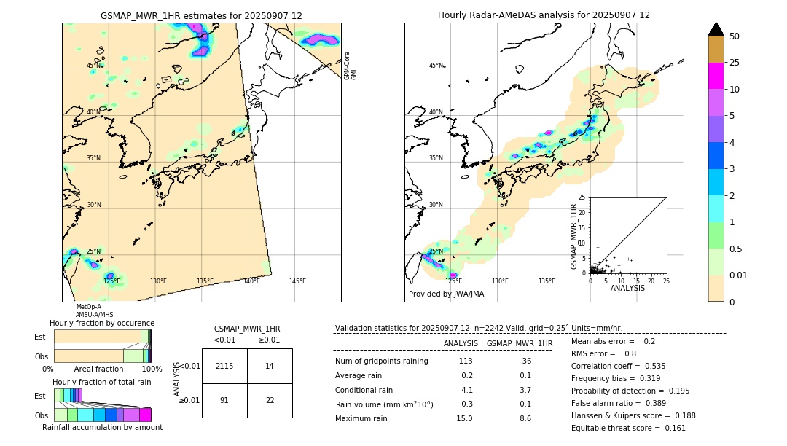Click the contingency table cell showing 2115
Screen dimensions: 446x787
pos(224,366)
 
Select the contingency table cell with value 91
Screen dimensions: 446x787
pos(224,400)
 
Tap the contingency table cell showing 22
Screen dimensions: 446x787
pos(270,400)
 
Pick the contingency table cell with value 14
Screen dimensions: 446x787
pos(270,366)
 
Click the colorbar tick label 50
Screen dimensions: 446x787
pos(735,36)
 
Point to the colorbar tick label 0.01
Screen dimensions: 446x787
pos(739,275)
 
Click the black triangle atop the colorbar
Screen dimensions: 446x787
pos(716,29)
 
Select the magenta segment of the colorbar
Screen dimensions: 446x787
pos(716,76)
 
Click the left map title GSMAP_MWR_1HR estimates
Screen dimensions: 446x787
pos(201,15)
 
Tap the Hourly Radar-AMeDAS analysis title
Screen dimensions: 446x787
pos(544,15)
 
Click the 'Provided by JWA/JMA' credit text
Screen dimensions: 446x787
pos(446,294)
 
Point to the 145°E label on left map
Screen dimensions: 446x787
pos(297,281)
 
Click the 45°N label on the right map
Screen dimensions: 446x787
pos(436,66)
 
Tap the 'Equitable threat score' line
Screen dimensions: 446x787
pos(628,428)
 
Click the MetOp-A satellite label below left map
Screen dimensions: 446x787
pos(89,307)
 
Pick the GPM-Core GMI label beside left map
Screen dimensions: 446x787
pos(351,66)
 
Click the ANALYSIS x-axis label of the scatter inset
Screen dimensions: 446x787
pos(627,288)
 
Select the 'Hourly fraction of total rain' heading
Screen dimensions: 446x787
pos(102,382)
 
